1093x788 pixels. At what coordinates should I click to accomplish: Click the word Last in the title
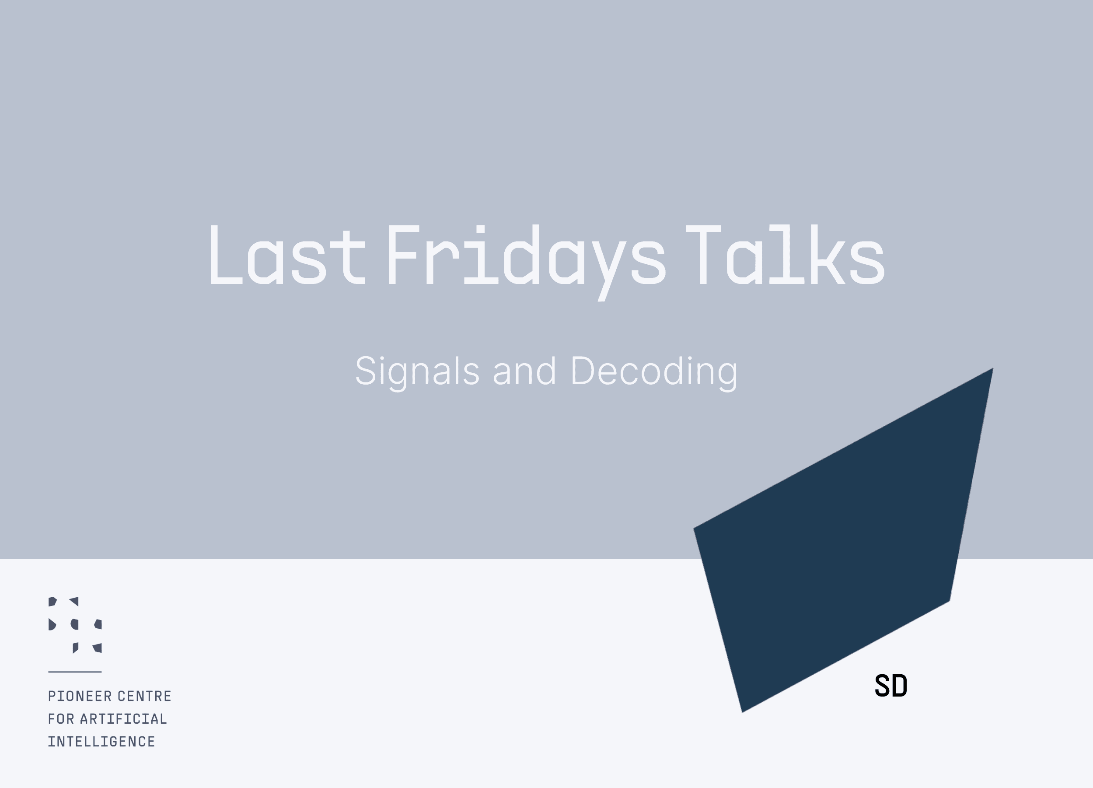288,255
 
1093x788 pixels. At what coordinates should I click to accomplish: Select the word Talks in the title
785,255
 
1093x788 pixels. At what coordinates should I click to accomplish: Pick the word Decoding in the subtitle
654,372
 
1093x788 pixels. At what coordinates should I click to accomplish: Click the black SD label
891,686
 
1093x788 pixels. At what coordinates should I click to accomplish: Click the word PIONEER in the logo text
80,697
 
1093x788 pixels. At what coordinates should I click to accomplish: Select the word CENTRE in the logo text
145,697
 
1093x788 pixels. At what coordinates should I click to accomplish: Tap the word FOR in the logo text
61,719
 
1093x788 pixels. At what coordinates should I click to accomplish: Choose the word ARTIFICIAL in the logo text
123,719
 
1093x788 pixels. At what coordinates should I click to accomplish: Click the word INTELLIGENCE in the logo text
101,742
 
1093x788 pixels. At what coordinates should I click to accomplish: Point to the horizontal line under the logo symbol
75,672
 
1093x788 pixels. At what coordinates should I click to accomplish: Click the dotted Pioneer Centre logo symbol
75,625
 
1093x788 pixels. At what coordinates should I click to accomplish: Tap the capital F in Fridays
403,255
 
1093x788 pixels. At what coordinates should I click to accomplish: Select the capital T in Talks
703,255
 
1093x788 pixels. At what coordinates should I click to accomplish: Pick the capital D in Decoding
584,371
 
